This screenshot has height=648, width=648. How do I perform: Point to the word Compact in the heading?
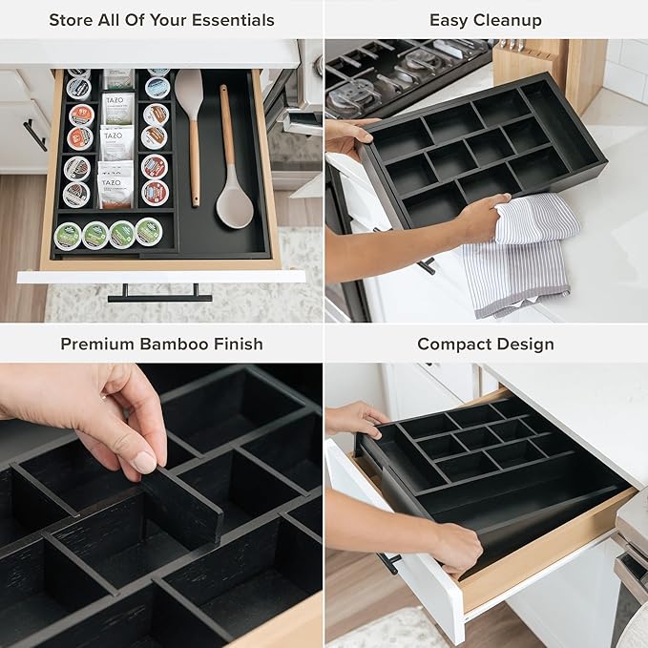pyautogui.click(x=452, y=344)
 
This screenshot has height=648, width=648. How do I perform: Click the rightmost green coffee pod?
pyautogui.click(x=148, y=231)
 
